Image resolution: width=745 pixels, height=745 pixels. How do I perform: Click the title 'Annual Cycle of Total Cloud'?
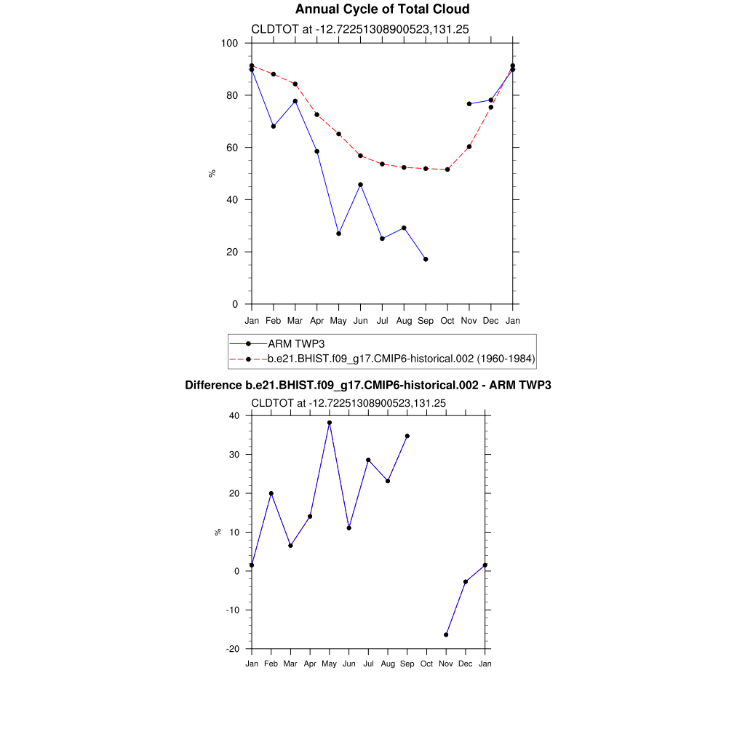(382, 9)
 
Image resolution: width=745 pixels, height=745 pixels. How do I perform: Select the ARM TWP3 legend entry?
(291, 343)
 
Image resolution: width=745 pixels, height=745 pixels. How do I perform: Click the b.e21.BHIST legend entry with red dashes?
(401, 359)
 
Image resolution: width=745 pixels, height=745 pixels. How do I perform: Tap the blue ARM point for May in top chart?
(338, 234)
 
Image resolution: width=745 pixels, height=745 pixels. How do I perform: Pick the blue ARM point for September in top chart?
(426, 259)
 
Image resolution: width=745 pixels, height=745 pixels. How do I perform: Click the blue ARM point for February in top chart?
(273, 127)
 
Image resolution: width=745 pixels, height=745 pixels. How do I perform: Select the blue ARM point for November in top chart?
(469, 104)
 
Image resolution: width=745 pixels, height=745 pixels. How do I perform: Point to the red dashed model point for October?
(447, 170)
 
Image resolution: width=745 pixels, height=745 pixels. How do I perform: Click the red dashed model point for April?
(316, 114)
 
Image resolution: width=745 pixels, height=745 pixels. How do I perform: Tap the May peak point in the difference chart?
(330, 423)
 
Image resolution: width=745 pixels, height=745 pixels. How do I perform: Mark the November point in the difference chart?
(446, 635)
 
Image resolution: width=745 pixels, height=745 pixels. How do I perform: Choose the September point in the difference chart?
(407, 436)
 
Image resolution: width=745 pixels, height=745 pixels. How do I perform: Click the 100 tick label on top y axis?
(230, 44)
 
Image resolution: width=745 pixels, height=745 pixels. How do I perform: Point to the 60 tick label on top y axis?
(232, 148)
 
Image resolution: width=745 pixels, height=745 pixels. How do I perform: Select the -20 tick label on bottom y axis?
(234, 649)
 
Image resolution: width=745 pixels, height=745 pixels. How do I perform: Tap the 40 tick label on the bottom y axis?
(234, 416)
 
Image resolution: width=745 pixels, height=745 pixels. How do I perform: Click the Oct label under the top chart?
(447, 321)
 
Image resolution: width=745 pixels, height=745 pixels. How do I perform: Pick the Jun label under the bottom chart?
(349, 664)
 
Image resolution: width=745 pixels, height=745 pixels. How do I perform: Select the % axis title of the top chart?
(212, 173)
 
